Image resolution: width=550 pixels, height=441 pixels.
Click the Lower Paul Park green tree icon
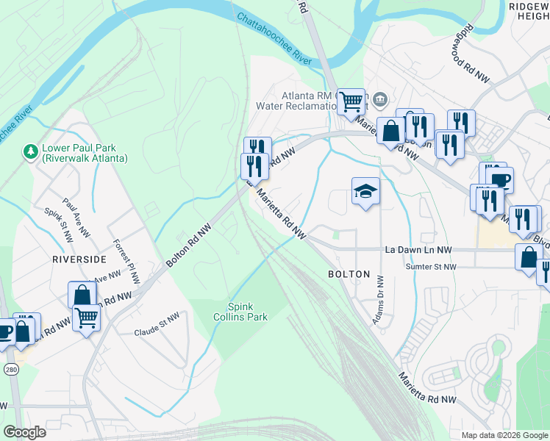click(x=30, y=151)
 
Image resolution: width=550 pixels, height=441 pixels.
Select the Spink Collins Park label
click(x=246, y=311)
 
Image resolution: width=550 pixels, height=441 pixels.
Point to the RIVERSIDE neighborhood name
click(x=80, y=259)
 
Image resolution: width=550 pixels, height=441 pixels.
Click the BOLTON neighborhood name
click(x=349, y=273)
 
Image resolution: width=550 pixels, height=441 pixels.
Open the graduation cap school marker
click(x=365, y=191)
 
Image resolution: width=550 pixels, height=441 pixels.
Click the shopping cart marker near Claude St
click(x=86, y=318)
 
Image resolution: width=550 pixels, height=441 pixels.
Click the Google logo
click(x=24, y=432)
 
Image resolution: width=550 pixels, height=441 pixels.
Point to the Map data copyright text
click(x=504, y=435)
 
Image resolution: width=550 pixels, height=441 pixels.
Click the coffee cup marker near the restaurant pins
click(x=499, y=179)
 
